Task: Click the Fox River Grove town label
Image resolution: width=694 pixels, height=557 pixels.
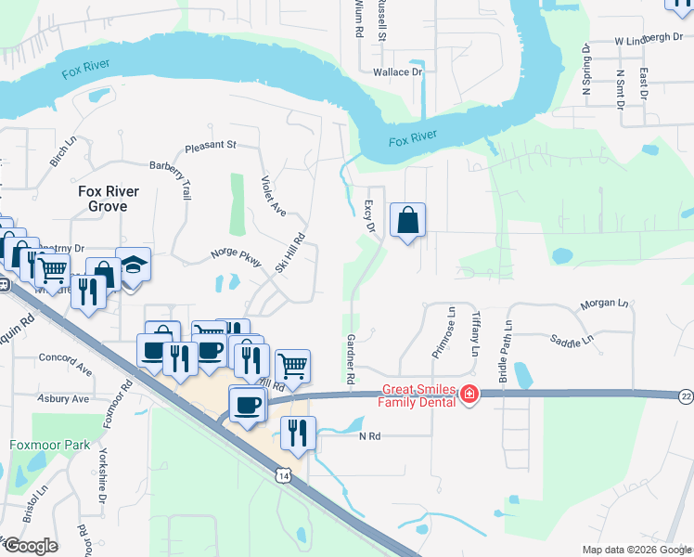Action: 109,199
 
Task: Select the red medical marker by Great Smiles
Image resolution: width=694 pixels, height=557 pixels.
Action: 469,395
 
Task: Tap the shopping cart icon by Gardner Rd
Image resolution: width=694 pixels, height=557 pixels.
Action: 292,367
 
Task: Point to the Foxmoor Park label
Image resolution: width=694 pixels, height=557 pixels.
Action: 50,445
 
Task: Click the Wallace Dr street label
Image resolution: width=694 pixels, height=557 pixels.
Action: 397,71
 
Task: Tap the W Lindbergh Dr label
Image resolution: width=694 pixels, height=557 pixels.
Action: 649,39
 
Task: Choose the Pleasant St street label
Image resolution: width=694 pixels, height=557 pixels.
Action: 211,146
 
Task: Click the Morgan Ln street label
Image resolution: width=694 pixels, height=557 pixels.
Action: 604,304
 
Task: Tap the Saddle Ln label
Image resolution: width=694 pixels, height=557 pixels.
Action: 571,340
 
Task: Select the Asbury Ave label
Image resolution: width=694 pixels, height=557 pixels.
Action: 62,398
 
